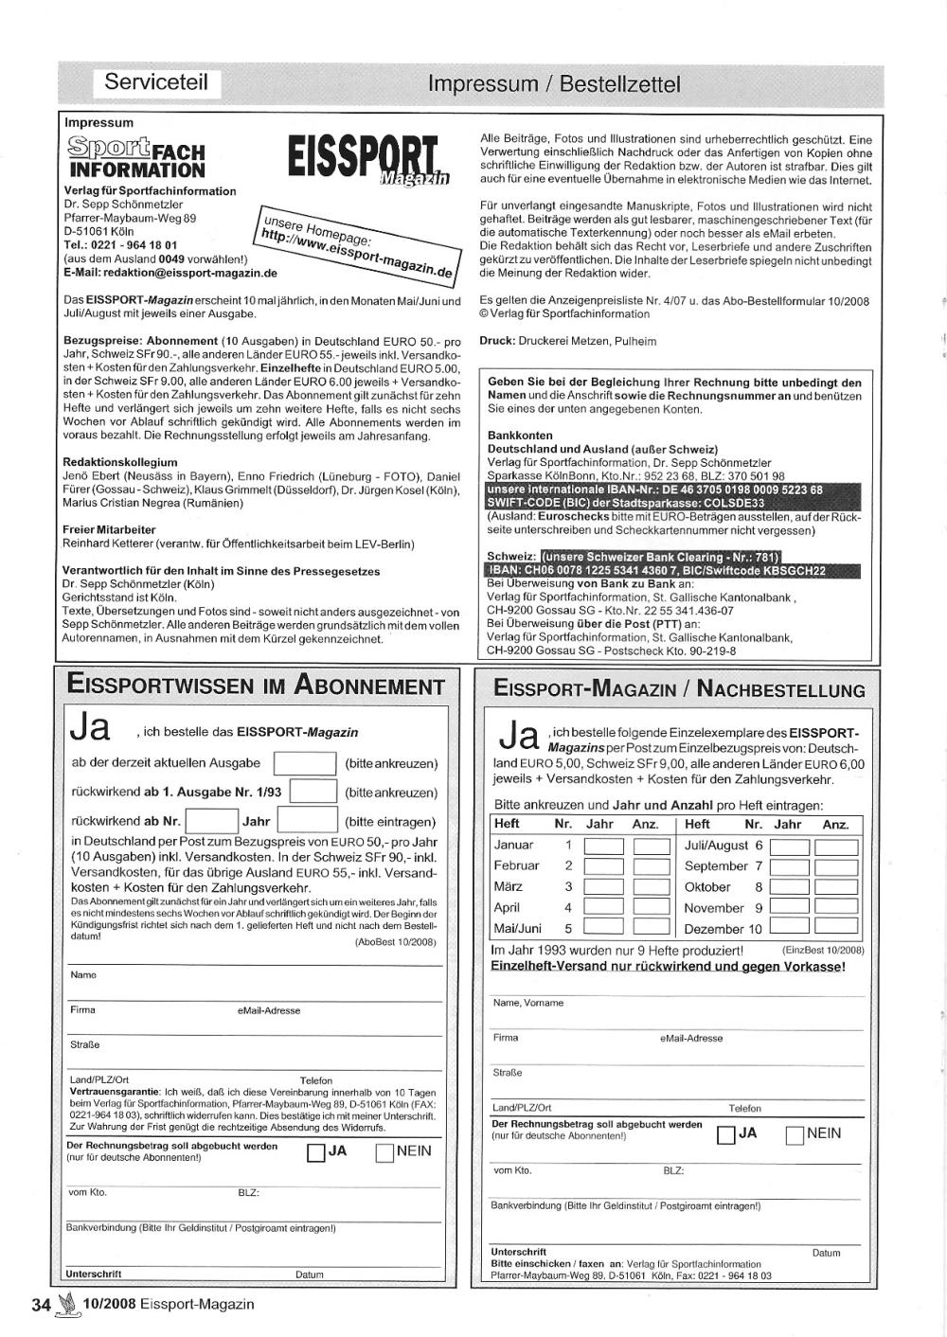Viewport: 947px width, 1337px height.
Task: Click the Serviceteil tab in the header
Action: (156, 82)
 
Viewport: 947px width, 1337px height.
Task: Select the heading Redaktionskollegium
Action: (120, 462)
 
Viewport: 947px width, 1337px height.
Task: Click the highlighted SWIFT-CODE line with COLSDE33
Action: (625, 503)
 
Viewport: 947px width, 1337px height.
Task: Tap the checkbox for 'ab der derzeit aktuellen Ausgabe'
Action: (304, 763)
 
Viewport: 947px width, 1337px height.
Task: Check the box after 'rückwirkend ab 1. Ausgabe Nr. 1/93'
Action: (313, 792)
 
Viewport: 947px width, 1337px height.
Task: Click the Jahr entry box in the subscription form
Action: (307, 821)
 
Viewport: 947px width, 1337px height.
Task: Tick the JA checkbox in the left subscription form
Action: (316, 1153)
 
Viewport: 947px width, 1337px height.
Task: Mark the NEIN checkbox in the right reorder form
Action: (795, 1135)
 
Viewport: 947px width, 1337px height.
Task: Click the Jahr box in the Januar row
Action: (603, 846)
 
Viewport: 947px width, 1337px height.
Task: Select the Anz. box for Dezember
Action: (835, 928)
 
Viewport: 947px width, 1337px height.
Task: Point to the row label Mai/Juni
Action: (517, 929)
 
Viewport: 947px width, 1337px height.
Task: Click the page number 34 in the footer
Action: (41, 1305)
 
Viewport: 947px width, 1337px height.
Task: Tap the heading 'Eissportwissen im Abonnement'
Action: (256, 686)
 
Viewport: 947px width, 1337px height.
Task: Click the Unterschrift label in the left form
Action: (94, 1275)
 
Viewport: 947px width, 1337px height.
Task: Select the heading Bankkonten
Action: (520, 436)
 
